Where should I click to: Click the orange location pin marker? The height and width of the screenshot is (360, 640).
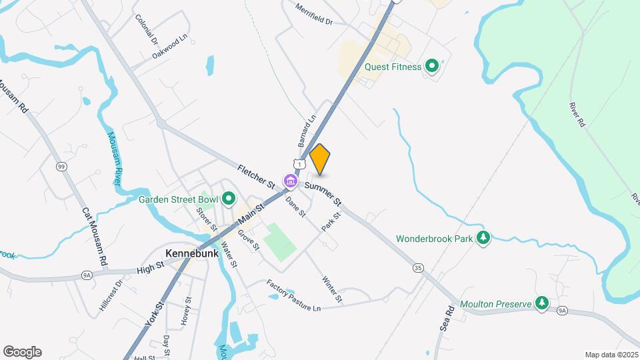click(320, 159)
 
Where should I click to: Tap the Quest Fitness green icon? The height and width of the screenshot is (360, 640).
click(431, 66)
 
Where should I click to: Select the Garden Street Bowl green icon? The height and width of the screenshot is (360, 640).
click(229, 199)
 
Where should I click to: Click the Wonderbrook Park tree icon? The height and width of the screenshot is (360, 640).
click(484, 237)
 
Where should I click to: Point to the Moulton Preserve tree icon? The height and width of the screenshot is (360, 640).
click(543, 304)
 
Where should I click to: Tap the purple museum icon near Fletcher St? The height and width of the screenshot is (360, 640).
click(290, 181)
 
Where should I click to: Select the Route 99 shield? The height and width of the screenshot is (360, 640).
click(61, 166)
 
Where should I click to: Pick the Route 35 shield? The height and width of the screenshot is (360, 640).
click(418, 268)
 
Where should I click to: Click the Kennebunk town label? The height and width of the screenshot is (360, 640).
click(189, 253)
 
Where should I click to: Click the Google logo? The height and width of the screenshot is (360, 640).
click(22, 351)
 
